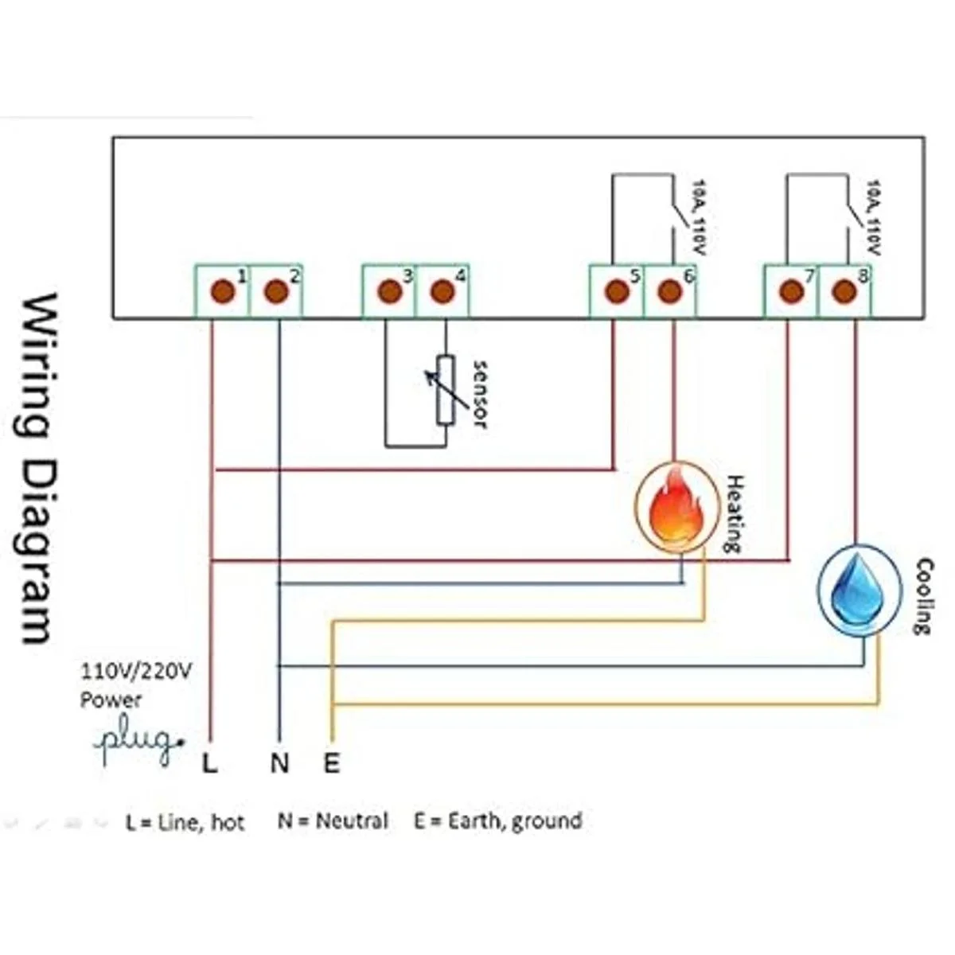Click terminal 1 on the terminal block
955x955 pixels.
tap(223, 291)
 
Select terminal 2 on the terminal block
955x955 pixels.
tap(276, 291)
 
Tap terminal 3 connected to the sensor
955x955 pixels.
tap(389, 291)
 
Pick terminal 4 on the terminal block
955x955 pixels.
tap(442, 291)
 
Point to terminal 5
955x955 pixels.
tap(617, 291)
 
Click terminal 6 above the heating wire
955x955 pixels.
tap(670, 291)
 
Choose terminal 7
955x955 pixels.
tap(790, 291)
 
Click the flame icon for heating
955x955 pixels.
tap(675, 508)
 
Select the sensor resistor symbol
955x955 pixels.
tap(445, 390)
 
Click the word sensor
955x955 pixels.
tap(479, 394)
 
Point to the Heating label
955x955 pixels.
tap(734, 513)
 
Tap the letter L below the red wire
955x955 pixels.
tap(209, 763)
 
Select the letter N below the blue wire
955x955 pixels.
tap(279, 763)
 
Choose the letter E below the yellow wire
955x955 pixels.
tap(332, 763)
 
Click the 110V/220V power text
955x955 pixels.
tap(135, 672)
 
